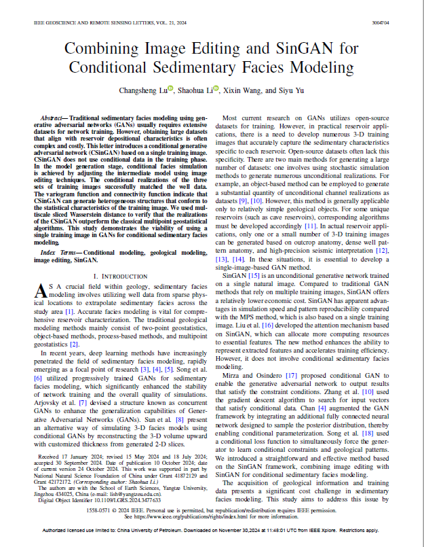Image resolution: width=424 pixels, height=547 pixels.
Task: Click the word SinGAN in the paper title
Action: (x=315, y=50)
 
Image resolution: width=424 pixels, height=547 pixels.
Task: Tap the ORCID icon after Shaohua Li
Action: (x=216, y=87)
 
